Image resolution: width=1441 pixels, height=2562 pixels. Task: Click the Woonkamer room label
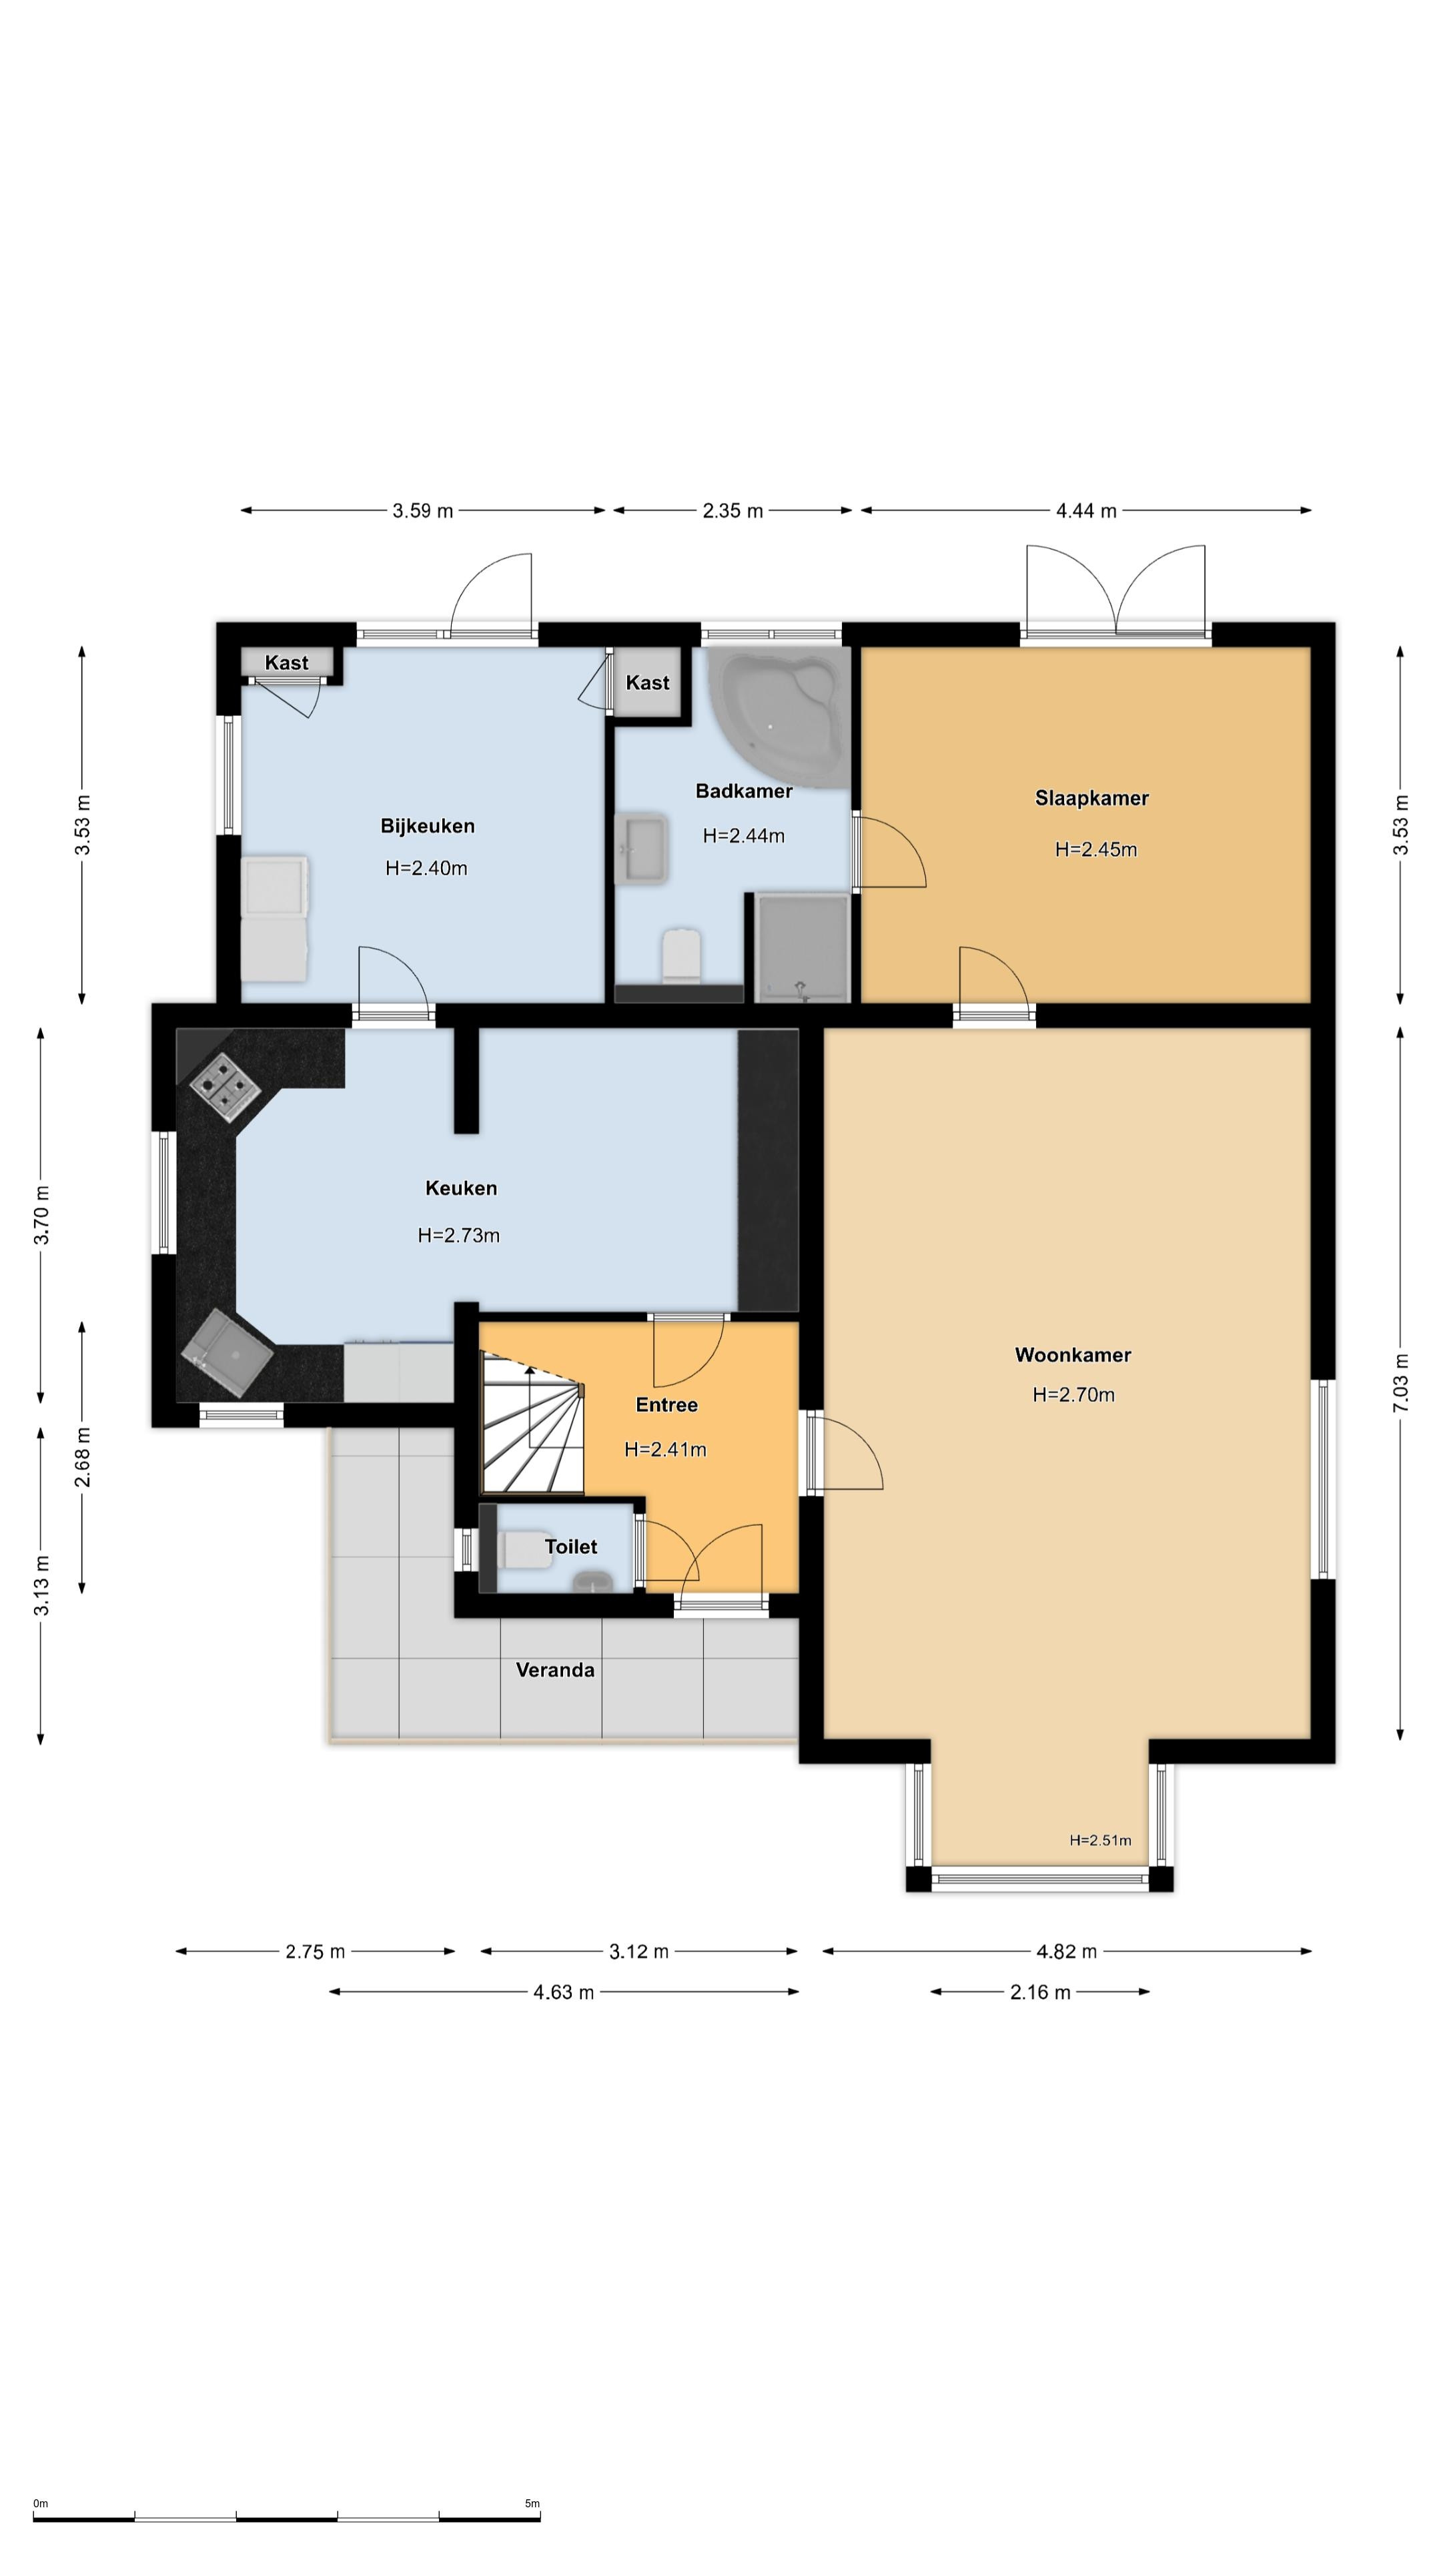(1072, 1354)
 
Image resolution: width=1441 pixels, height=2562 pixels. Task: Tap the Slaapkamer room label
(1091, 798)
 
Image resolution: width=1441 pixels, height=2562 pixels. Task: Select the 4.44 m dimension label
(1086, 511)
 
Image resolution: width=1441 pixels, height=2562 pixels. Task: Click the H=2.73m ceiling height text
(458, 1235)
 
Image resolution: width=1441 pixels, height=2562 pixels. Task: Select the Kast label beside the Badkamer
(647, 683)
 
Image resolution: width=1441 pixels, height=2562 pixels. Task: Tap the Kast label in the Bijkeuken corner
(286, 663)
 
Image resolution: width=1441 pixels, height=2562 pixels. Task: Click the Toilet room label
(571, 1547)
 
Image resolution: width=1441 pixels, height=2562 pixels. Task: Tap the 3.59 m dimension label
(423, 511)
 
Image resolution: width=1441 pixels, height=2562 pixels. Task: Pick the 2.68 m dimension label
(83, 1457)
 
